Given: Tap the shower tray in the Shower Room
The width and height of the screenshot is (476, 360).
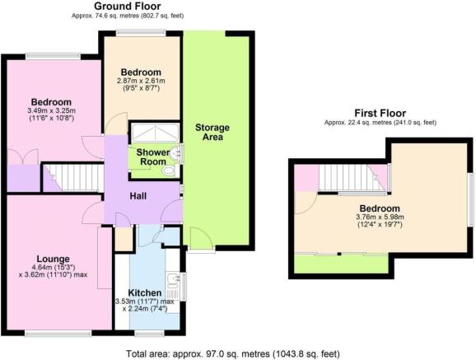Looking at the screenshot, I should [150, 133].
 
